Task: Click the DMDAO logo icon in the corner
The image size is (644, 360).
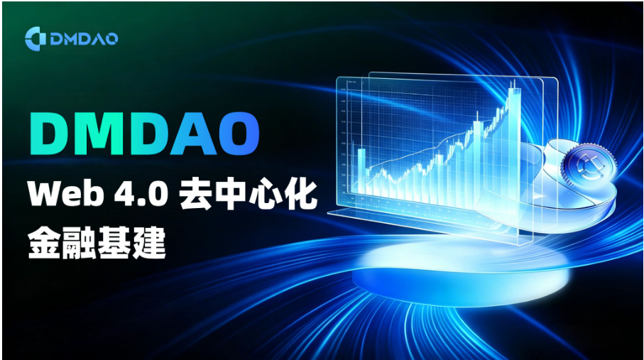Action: [36, 38]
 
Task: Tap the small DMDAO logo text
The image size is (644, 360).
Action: [84, 39]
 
